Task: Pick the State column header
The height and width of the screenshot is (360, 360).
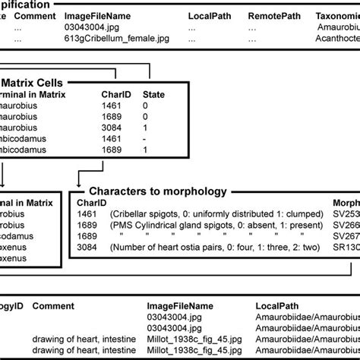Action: [x=153, y=95]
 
